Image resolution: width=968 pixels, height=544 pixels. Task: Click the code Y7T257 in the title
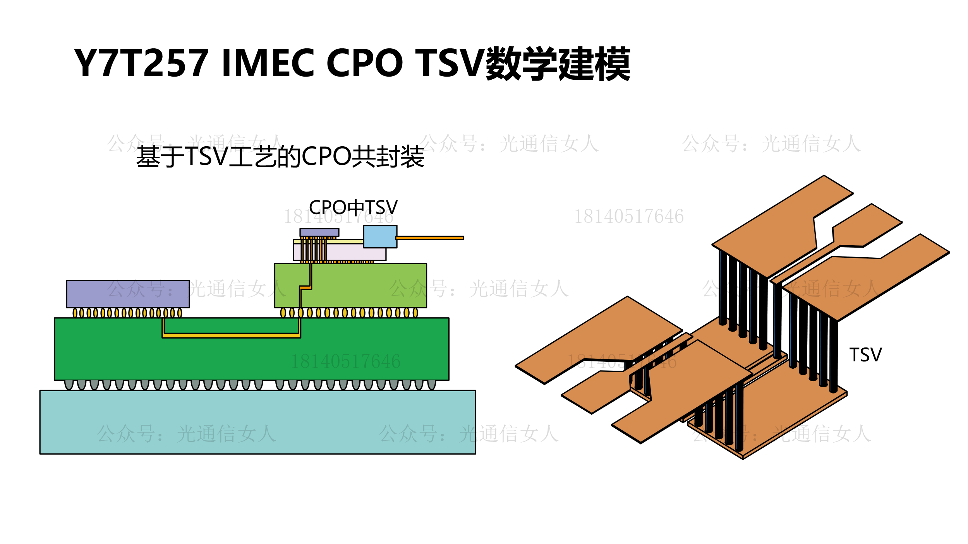coord(141,63)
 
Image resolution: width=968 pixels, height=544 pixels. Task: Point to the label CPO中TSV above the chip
coord(353,207)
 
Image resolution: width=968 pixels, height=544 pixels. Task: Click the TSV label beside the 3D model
coord(865,355)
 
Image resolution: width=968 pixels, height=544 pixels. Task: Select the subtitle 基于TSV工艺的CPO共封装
coord(280,157)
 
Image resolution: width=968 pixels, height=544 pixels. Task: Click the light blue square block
coord(380,236)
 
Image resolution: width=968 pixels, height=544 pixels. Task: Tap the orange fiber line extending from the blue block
coord(430,238)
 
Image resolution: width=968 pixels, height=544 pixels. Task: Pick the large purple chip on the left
coord(128,294)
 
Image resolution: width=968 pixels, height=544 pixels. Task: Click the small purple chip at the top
coord(319,232)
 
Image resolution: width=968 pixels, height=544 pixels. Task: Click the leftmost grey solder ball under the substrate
coord(69,384)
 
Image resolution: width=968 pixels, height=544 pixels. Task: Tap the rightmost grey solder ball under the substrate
coord(432,384)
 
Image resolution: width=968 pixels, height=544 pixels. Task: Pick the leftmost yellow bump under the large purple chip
coord(75,313)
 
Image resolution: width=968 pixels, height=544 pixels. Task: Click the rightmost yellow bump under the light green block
coord(415,313)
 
